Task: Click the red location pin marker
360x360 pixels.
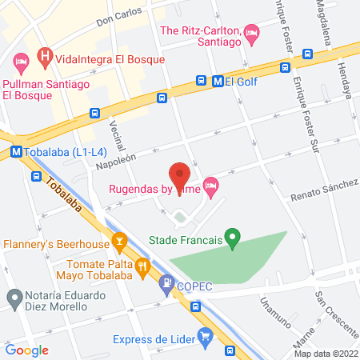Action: coord(180,174)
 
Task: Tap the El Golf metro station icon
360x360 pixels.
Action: coord(218,81)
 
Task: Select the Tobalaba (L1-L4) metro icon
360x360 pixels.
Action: coord(16,151)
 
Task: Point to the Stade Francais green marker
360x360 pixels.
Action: coord(232,238)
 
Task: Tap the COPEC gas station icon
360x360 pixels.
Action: coord(166,282)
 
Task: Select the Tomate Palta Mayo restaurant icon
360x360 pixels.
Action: coord(142,265)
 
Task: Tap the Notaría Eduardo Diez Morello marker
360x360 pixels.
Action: coord(14,299)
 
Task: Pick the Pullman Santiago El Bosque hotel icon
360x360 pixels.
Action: coord(21,61)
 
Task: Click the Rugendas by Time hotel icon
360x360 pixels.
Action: coord(211,188)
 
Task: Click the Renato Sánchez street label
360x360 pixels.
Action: coord(323,189)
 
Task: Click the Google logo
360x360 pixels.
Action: coord(27,350)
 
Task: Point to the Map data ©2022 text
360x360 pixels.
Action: coord(326,354)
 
